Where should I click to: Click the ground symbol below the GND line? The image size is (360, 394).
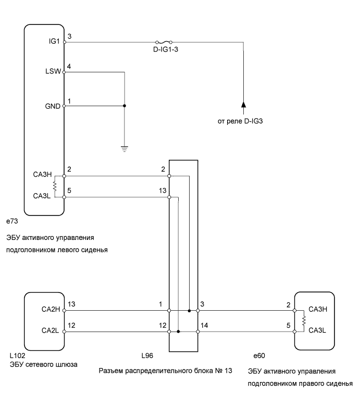click(x=125, y=147)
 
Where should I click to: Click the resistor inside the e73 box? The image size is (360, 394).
click(x=54, y=186)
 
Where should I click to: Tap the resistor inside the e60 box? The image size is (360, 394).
click(x=305, y=320)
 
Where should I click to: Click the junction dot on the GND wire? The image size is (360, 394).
click(x=125, y=106)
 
